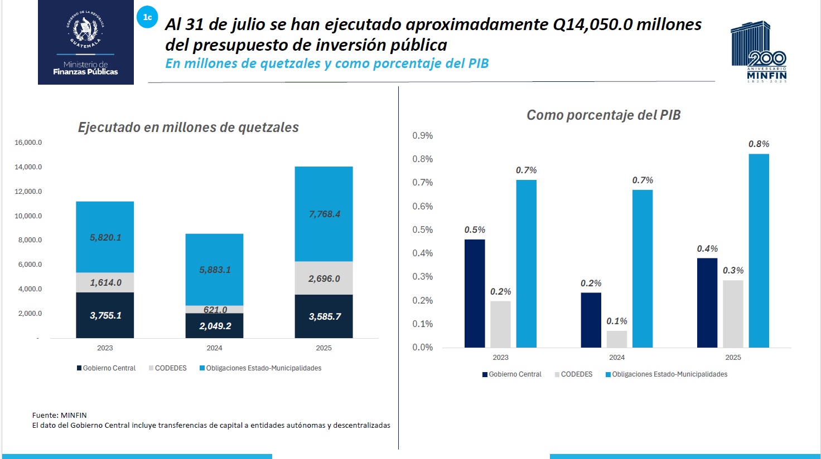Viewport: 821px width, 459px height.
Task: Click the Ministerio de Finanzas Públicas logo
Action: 86,42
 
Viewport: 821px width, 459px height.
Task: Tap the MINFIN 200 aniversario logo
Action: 759,52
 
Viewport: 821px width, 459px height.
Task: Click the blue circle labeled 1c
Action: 147,17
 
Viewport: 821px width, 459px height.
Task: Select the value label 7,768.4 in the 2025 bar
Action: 324,214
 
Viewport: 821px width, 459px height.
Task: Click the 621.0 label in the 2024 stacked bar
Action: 215,310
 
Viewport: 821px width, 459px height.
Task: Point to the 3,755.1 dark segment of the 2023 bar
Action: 105,315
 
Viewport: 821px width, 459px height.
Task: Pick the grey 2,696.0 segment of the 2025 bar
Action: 323,278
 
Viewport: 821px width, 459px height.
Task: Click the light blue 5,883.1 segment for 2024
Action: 215,270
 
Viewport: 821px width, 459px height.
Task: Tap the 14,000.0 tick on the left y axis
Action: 28,167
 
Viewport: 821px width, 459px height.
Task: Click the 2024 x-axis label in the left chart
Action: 214,348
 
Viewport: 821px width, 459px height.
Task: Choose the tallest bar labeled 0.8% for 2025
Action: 759,251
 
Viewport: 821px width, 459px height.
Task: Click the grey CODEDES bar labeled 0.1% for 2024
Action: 617,339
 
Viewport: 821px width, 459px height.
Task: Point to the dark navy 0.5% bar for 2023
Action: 475,294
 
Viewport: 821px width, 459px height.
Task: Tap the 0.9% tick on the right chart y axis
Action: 422,136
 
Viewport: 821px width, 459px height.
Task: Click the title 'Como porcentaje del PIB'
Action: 603,115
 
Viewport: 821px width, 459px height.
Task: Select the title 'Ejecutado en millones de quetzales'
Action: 188,128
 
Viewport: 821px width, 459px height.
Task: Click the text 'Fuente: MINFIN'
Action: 60,415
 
